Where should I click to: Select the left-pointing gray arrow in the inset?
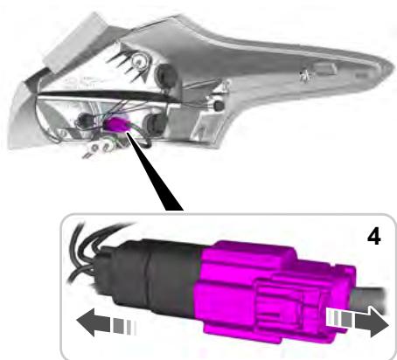(106, 322)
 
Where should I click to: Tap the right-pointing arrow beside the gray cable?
(358, 321)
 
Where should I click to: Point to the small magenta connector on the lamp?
(115, 124)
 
